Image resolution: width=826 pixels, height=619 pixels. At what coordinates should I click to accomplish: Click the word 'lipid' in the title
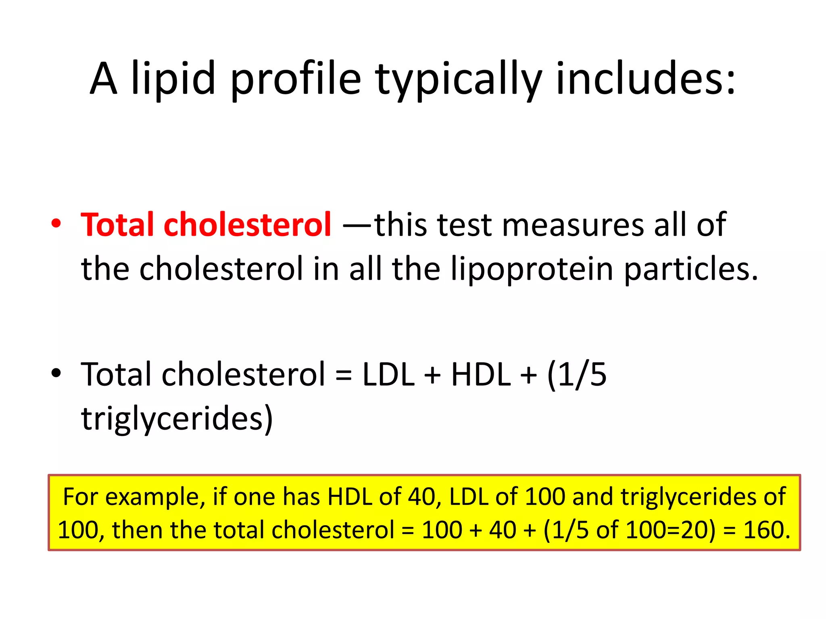coord(173,79)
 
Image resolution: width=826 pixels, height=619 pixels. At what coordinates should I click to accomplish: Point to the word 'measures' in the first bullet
coord(573,224)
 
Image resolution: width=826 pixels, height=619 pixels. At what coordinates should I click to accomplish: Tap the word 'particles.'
coord(691,269)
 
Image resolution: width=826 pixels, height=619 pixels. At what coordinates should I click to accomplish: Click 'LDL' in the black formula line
coord(388,375)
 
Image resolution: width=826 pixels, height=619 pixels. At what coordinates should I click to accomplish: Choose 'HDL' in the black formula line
coord(480,375)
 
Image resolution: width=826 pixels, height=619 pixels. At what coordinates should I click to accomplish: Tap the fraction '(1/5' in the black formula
coord(577,375)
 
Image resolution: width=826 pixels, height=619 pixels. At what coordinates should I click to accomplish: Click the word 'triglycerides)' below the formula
coord(177,419)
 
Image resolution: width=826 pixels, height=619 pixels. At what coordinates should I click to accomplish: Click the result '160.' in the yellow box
coord(767,530)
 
